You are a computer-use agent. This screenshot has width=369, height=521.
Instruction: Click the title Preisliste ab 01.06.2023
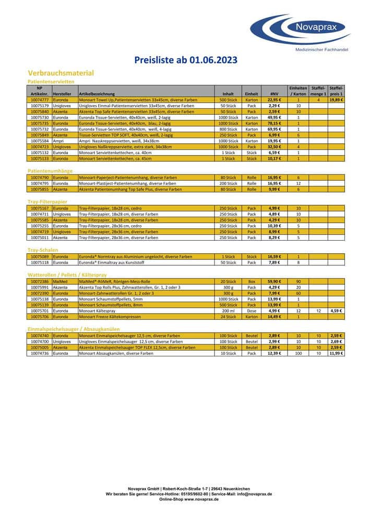186,60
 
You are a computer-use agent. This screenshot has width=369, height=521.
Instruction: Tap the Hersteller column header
62,93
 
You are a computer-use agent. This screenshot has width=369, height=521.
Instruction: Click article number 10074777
40,99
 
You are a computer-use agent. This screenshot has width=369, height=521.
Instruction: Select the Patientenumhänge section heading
50,170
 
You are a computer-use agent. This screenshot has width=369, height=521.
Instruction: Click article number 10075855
40,189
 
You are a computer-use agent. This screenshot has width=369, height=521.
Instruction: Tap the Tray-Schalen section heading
43,250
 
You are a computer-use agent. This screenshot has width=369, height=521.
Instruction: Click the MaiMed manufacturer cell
60,281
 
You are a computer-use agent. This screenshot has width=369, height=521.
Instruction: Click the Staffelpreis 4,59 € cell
336,311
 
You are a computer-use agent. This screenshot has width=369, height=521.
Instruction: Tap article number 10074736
40,353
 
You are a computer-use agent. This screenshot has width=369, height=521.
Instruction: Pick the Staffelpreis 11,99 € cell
336,353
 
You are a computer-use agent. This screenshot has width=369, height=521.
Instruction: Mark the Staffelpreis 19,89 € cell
336,99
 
